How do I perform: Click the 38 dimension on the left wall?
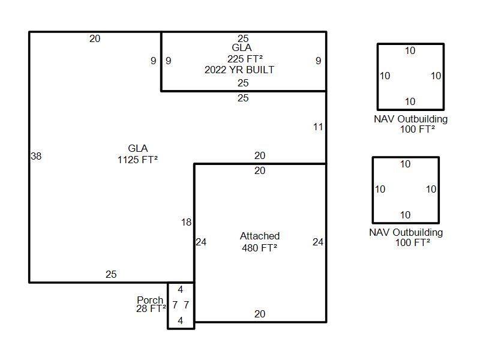click(36, 156)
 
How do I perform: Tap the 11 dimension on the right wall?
click(318, 127)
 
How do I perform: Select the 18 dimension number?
click(186, 222)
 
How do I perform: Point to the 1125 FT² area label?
click(138, 160)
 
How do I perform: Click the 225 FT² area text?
click(245, 58)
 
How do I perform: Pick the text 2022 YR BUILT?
click(239, 70)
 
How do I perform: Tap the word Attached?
click(260, 236)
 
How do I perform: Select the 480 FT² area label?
click(260, 248)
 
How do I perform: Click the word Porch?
click(150, 299)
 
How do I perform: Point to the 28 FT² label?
click(151, 308)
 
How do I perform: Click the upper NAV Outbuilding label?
click(411, 119)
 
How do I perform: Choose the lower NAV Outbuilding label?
click(406, 232)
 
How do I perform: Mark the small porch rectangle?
click(168, 305)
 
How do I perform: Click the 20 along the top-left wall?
click(95, 38)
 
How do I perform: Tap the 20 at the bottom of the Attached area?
click(260, 314)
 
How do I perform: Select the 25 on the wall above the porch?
click(111, 274)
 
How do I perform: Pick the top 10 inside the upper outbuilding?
click(410, 50)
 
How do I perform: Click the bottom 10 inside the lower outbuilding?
click(406, 215)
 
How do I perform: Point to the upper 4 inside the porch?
click(181, 289)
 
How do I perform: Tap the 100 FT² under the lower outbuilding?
click(413, 242)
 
